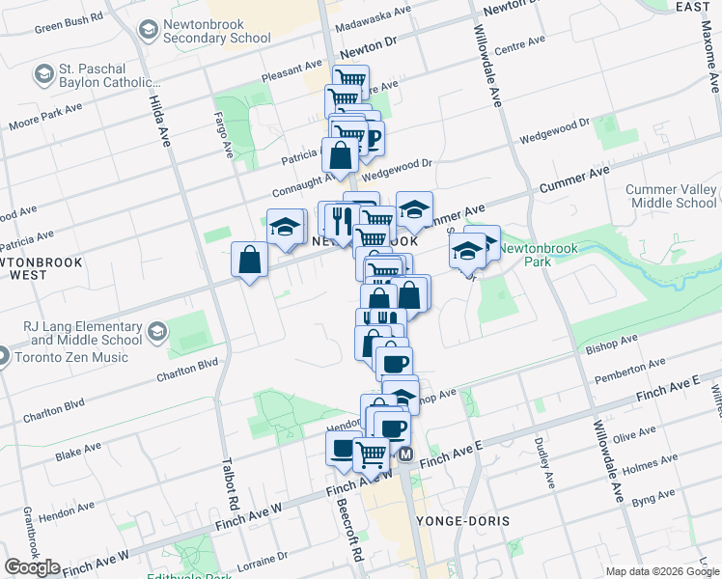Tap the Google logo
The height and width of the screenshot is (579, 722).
32,566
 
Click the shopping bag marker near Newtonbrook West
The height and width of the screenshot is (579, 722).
250,260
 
